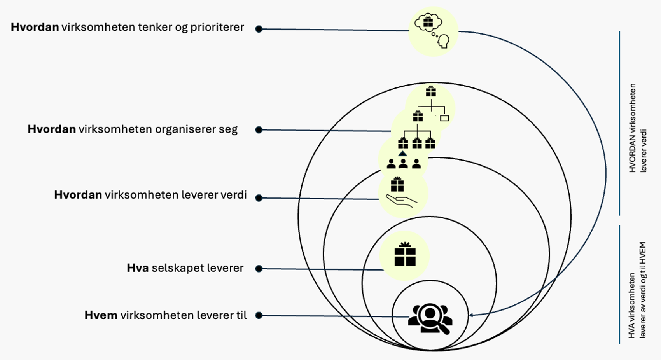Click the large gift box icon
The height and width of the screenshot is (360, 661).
(x=405, y=255)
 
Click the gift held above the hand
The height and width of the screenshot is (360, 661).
(x=397, y=184)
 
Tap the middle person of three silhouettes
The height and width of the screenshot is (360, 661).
(x=403, y=164)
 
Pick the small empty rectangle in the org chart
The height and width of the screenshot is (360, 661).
(x=444, y=118)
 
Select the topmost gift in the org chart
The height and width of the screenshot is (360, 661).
(x=430, y=91)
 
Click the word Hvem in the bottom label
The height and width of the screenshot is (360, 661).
(x=101, y=315)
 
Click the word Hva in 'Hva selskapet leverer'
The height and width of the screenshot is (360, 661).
(x=138, y=268)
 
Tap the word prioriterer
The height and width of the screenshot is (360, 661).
(x=217, y=27)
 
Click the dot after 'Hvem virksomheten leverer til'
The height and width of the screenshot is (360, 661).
(x=259, y=315)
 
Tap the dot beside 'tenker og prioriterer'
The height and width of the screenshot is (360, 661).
(x=259, y=29)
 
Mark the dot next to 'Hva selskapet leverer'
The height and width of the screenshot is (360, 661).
(x=259, y=268)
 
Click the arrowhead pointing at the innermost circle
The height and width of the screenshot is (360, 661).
(x=471, y=315)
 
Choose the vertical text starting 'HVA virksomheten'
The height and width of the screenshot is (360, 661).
(x=637, y=290)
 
